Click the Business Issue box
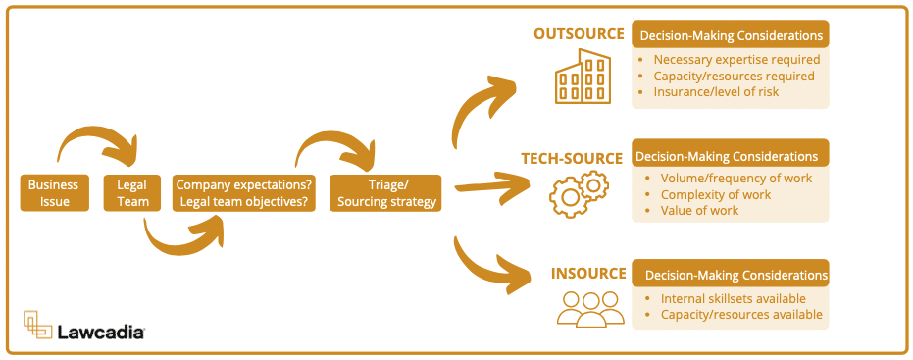pos(53,193)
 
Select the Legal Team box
pos(132,193)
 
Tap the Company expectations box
pos(244,193)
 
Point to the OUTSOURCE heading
pos(579,34)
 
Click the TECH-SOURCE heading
pos(571,158)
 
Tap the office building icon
pos(583,77)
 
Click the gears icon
pos(580,193)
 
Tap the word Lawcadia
pos(101,333)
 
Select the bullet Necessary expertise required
pos(736,60)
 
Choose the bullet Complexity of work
pos(715,194)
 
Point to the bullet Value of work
pos(699,211)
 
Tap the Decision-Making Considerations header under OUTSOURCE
pos(731,35)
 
